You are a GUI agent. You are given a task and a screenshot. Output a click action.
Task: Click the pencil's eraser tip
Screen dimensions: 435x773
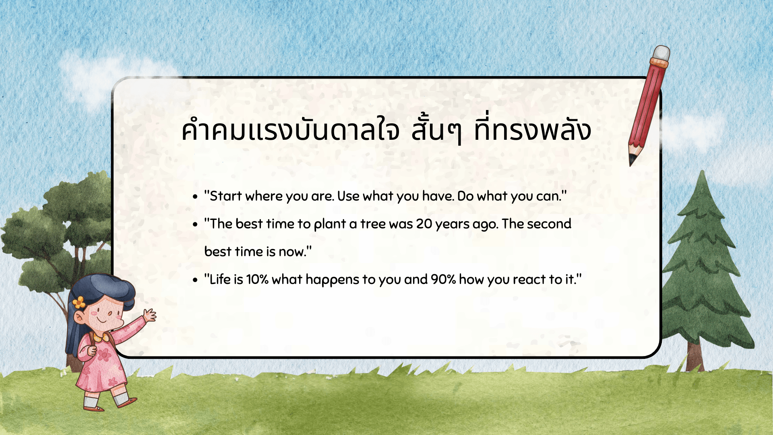click(x=661, y=53)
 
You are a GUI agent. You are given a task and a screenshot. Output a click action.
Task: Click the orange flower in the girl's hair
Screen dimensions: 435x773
click(x=79, y=302)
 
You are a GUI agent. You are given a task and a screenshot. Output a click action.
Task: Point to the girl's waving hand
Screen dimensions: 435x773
click(x=150, y=315)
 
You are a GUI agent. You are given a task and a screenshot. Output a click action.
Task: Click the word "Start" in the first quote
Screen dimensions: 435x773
click(x=225, y=196)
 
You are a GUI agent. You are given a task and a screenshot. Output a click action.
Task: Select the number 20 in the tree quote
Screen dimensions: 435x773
click(x=424, y=224)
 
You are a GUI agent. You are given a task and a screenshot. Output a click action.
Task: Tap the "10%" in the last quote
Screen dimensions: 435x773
click(x=257, y=280)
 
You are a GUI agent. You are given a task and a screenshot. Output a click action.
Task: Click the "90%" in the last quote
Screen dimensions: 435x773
click(x=443, y=280)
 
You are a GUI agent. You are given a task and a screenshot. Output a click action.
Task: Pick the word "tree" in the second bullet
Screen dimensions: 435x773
click(x=373, y=224)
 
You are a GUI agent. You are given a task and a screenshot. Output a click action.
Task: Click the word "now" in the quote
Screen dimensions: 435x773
click(x=292, y=252)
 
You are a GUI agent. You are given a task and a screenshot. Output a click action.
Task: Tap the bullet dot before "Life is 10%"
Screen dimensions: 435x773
click(x=195, y=280)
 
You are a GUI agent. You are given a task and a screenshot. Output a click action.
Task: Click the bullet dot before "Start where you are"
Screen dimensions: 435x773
click(x=195, y=197)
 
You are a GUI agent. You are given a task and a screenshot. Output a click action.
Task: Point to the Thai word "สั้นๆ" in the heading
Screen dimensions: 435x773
click(x=436, y=130)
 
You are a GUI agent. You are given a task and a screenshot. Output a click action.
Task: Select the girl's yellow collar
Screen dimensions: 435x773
click(x=101, y=337)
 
